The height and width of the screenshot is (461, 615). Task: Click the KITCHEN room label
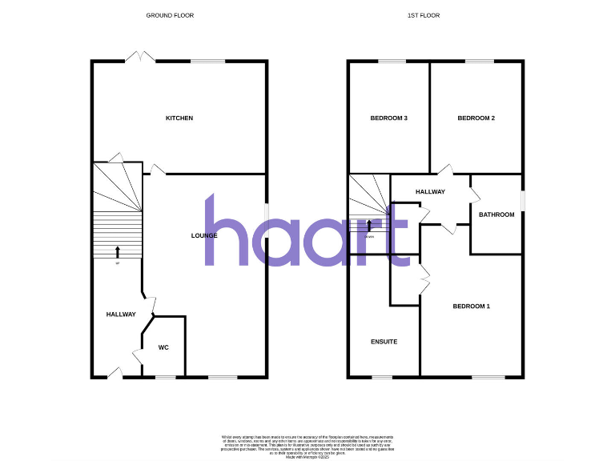point(179,118)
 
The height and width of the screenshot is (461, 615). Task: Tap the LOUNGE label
point(204,235)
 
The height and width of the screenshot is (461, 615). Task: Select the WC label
point(163,347)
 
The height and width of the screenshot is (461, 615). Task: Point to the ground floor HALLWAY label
point(121,315)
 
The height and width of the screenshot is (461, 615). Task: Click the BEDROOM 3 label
point(389,118)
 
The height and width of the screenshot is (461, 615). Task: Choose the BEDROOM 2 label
point(476,118)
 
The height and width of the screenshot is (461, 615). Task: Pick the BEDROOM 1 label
point(471,307)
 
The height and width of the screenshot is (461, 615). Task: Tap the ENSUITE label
point(384,342)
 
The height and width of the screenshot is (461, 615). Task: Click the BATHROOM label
point(496,214)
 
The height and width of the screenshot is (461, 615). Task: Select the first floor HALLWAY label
point(430,192)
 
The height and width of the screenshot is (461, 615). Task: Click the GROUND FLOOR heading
point(170,15)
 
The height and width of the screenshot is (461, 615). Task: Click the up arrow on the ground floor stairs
point(118,252)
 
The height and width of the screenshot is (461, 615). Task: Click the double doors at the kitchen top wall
point(140,57)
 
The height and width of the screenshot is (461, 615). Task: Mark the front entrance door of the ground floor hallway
point(115,373)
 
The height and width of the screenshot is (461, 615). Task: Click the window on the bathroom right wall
point(522,200)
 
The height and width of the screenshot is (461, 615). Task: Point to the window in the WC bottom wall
point(165,377)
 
